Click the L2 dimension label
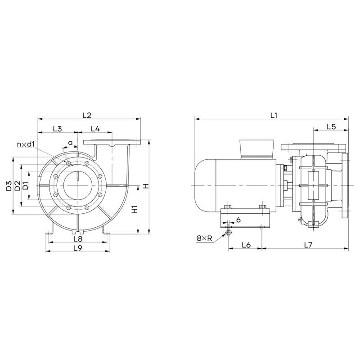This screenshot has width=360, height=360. pos(87,115)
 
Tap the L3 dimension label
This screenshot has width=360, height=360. pos(58,129)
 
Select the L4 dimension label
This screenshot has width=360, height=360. pos(95,129)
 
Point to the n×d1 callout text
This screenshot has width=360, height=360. pos(26,144)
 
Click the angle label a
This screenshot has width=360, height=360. pos(71,143)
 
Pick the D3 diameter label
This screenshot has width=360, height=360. pos(9,186)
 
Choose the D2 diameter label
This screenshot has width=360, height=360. pos(18,186)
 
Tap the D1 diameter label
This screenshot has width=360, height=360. pos(26,185)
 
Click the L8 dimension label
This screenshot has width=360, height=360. pos(78,239)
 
